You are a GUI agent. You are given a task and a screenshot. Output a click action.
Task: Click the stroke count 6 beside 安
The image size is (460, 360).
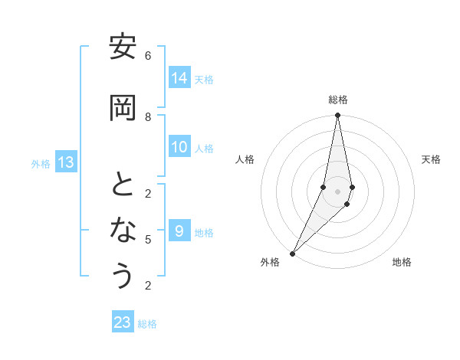148,56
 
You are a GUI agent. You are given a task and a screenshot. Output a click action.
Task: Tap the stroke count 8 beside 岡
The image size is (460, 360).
148,116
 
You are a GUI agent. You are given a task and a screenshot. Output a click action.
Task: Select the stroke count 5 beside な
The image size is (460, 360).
148,240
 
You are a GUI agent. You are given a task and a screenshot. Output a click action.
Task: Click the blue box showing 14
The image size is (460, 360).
179,78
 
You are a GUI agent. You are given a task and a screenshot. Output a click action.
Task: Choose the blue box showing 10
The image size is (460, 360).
179,147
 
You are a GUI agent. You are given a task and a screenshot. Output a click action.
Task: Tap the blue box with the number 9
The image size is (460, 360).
179,231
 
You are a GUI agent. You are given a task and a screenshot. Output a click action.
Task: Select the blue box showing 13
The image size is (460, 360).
66,162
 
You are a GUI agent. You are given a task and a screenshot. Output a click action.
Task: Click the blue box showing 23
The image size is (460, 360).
123,322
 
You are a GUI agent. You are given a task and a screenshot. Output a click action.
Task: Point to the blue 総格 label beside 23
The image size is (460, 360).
147,324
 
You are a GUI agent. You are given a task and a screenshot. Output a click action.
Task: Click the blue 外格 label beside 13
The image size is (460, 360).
41,164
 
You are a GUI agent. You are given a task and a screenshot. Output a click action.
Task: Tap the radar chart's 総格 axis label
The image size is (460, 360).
338,100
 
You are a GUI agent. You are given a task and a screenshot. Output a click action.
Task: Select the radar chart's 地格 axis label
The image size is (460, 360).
402,262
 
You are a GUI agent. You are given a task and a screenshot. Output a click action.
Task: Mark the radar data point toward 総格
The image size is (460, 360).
338,116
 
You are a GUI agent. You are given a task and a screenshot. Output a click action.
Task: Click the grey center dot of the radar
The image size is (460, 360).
338,191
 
